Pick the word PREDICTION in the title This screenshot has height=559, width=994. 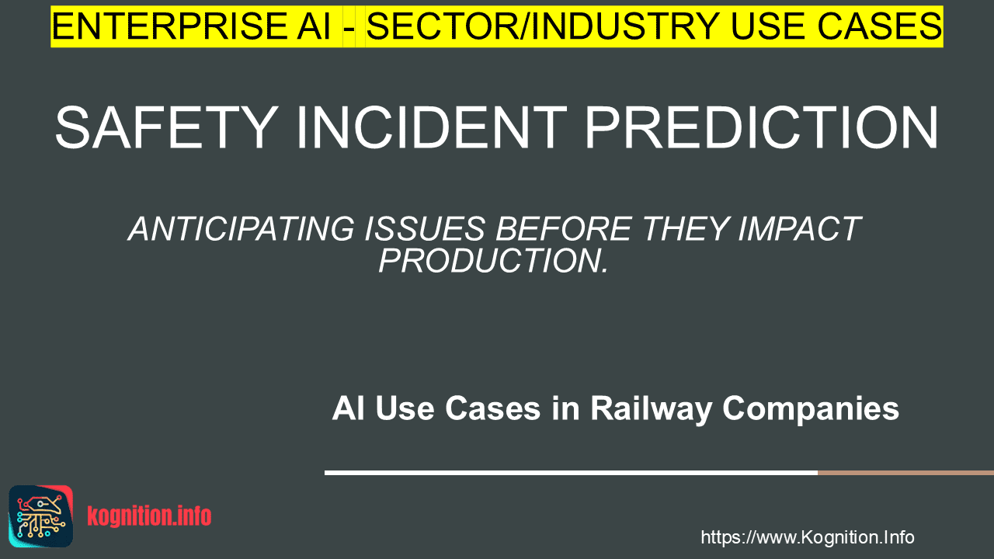(x=762, y=128)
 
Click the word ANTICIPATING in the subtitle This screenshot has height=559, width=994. (x=242, y=229)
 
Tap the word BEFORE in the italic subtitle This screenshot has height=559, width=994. (x=564, y=229)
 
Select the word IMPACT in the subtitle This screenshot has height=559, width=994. (x=800, y=229)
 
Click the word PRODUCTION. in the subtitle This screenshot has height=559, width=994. (x=493, y=260)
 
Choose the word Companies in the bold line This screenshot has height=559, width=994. (x=811, y=408)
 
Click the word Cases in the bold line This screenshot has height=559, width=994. (x=492, y=408)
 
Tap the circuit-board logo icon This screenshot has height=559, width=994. (x=41, y=516)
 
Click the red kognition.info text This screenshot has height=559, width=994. (x=149, y=516)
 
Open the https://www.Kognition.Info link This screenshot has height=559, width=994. (x=808, y=537)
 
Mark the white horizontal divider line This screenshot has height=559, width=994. (x=571, y=473)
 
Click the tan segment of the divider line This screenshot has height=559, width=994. (x=905, y=473)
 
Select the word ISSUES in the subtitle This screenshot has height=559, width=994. (x=425, y=229)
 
